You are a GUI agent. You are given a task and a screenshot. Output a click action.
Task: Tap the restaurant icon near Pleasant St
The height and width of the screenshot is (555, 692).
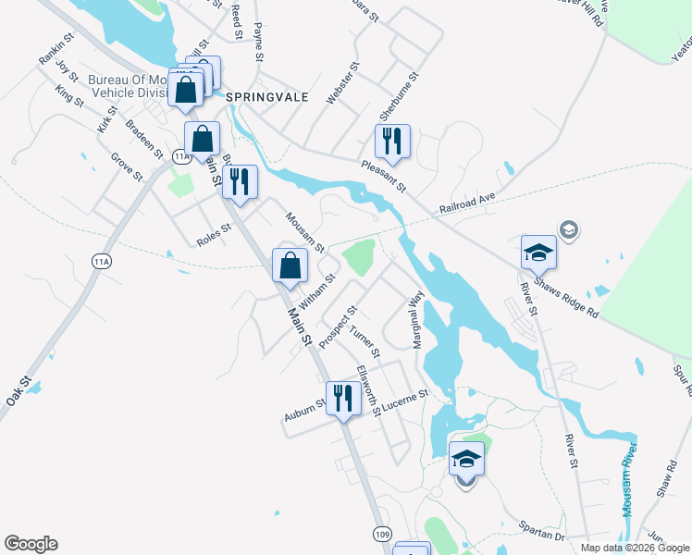392,142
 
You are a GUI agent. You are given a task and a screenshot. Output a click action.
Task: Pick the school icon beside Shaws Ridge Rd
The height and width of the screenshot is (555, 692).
539,251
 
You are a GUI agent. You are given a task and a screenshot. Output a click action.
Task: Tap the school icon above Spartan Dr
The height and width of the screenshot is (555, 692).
466,459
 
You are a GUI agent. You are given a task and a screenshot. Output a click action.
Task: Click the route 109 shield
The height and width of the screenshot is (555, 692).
382,534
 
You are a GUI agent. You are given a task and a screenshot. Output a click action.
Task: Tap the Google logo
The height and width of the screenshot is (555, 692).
31,544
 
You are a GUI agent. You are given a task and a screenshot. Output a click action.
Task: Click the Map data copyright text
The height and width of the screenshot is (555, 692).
634,548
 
